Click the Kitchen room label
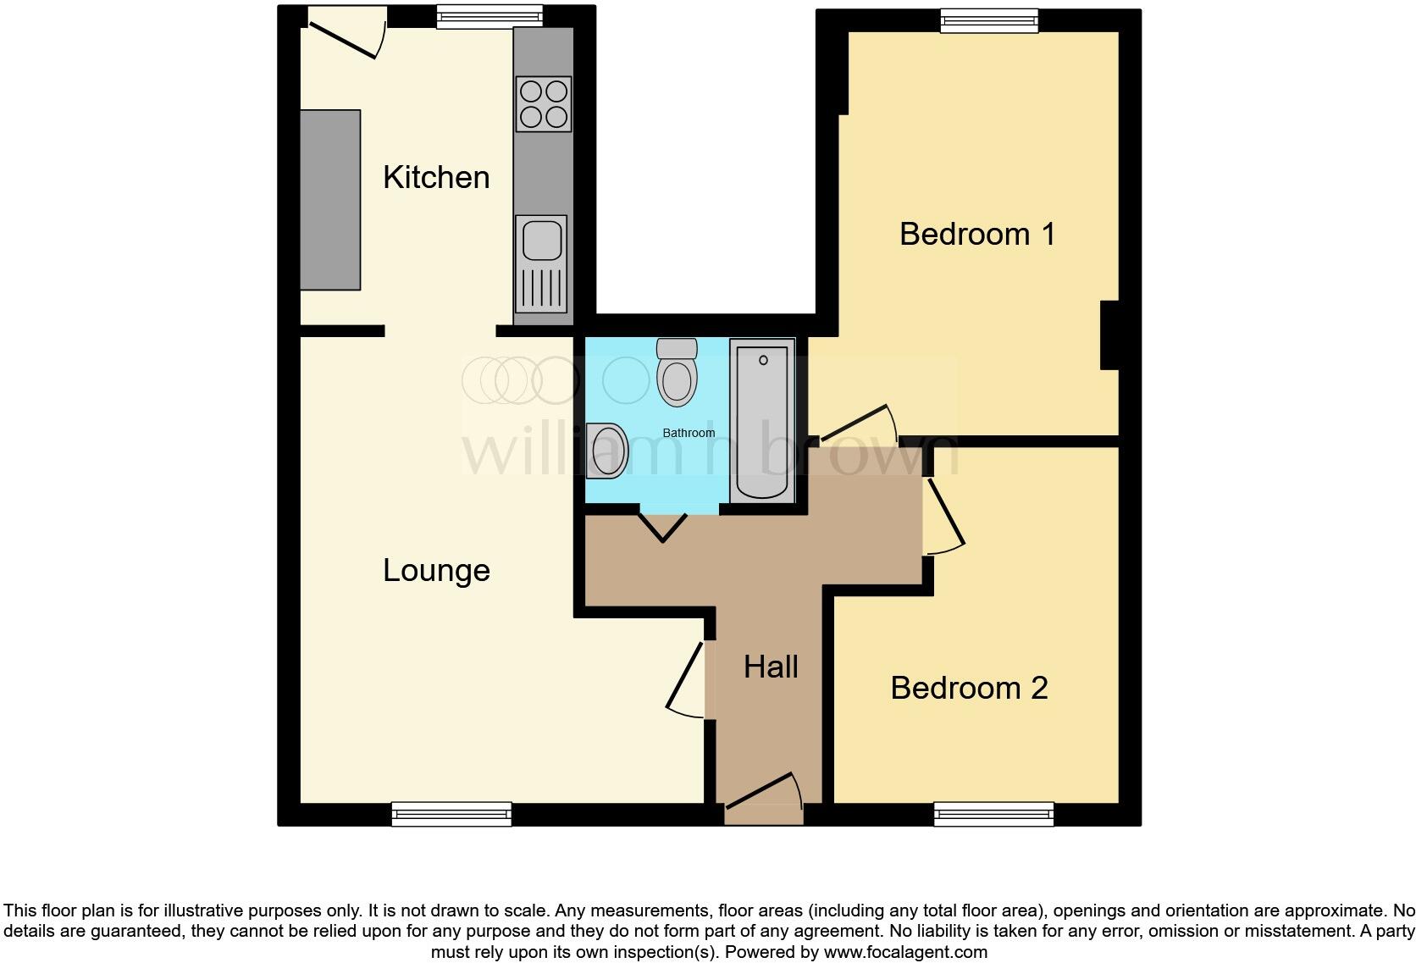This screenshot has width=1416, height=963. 436,178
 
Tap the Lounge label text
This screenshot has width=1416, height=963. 436,570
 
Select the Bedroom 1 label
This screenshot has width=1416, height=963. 977,234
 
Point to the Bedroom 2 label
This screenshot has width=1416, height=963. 969,688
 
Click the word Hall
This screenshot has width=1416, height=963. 771,667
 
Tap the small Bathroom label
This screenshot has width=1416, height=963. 689,433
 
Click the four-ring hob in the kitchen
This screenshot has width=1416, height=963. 543,103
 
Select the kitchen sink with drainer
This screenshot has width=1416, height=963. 541,263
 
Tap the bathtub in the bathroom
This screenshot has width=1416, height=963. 763,421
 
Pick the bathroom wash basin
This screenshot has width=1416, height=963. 607,450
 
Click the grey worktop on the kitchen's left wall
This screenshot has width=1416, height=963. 330,200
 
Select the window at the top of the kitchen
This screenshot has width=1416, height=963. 489,16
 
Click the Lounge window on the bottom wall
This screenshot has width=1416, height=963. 451,814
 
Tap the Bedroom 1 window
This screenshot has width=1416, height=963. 989,20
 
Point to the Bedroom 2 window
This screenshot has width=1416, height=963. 993,814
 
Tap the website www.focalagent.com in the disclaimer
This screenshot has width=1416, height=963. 905,951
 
